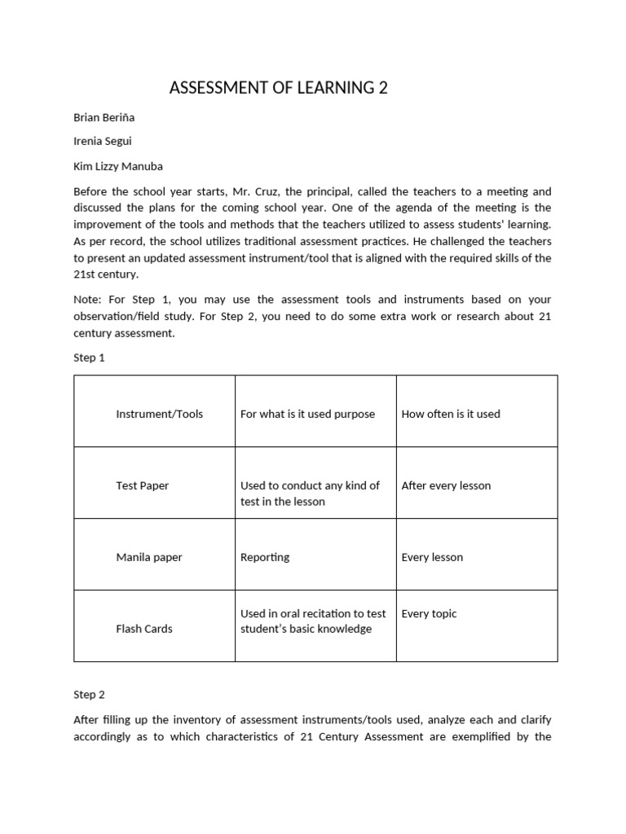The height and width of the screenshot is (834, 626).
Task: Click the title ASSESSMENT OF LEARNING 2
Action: point(278,88)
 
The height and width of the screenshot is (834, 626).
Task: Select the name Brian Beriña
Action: point(104,117)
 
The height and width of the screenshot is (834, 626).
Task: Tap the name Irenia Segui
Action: point(102,142)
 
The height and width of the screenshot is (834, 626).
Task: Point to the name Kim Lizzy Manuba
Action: point(118,166)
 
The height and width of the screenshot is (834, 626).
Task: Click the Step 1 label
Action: point(90,357)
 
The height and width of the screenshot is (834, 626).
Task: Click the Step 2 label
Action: point(90,695)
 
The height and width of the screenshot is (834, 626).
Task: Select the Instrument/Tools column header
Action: point(160,414)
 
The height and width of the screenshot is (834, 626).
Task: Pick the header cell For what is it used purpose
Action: point(307,414)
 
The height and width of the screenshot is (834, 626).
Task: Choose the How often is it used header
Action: point(451,414)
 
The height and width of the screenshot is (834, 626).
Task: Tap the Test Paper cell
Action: point(143,485)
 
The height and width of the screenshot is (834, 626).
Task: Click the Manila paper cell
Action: point(149,557)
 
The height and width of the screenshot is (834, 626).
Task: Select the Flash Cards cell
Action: point(144,629)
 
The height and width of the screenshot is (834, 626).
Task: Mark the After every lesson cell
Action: point(446,485)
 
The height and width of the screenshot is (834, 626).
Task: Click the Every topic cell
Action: point(429,613)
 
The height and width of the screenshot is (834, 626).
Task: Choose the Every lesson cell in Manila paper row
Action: point(432,557)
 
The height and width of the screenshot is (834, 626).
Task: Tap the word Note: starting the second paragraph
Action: point(88,301)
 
